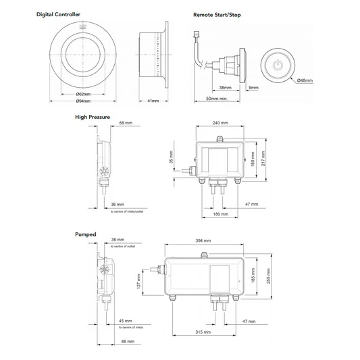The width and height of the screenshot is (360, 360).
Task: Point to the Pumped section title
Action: (x=84, y=234)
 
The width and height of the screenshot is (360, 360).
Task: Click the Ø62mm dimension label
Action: (x=84, y=94)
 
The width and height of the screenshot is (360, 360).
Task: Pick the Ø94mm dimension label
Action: (x=84, y=101)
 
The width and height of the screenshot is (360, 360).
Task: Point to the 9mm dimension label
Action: (x=253, y=88)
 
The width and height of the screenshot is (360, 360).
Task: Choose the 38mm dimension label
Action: (x=225, y=88)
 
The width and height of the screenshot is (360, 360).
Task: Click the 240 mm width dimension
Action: (x=220, y=124)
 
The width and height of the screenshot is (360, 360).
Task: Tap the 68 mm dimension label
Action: (x=125, y=124)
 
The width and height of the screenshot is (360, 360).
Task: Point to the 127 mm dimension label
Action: (x=139, y=280)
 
